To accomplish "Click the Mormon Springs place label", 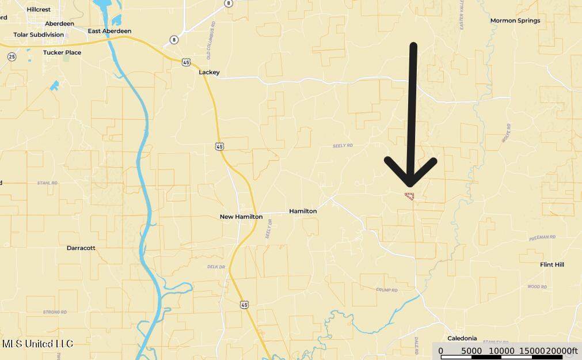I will (x=515, y=21).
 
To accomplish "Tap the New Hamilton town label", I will (x=241, y=217).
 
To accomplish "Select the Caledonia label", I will (x=462, y=338).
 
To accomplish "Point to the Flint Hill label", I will (x=551, y=265).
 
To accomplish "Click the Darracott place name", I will (x=81, y=248).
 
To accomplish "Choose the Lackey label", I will (x=209, y=73).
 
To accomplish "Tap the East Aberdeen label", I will (x=109, y=31).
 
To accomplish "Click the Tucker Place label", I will (x=62, y=52).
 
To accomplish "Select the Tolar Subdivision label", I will (x=39, y=35).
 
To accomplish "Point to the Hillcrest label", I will (x=39, y=10).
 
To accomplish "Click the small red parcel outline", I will (x=410, y=196).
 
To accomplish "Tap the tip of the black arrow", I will (x=410, y=185).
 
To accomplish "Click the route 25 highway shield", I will (x=12, y=56).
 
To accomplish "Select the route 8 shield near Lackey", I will (x=174, y=40).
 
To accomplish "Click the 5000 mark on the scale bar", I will (x=471, y=351).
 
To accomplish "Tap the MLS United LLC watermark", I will (x=37, y=344).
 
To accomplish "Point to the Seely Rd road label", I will (x=343, y=146).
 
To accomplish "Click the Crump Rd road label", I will (x=387, y=290).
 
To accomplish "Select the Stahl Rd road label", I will (x=48, y=183).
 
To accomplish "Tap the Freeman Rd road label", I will (x=542, y=237).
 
